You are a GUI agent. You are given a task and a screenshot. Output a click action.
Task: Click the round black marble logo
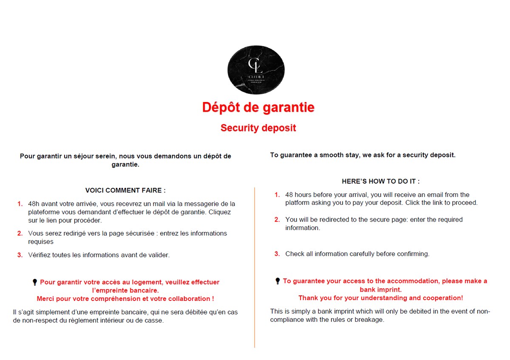click(256, 70)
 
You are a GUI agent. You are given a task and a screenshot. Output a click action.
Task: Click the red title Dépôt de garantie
click(258, 108)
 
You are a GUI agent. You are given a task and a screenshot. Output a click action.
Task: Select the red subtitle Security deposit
click(258, 128)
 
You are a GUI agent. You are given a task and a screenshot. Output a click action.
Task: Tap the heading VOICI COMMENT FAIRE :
click(125, 190)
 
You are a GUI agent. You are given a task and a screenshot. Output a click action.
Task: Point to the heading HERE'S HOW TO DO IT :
click(380, 181)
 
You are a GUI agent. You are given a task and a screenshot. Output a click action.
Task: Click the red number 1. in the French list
click(20, 204)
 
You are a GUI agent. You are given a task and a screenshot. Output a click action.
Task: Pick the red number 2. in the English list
click(277, 220)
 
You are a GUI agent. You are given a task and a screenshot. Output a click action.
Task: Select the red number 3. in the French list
click(20, 255)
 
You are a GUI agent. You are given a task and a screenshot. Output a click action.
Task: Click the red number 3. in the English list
click(277, 254)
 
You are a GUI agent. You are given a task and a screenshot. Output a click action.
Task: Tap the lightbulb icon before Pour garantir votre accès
click(35, 282)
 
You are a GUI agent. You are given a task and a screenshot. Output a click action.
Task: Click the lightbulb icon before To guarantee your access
click(278, 281)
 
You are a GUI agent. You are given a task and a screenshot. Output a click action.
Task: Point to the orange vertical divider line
click(255, 268)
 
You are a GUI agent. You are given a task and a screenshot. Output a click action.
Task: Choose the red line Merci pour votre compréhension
click(125, 299)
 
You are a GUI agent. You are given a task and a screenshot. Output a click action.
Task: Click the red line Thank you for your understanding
click(380, 298)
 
